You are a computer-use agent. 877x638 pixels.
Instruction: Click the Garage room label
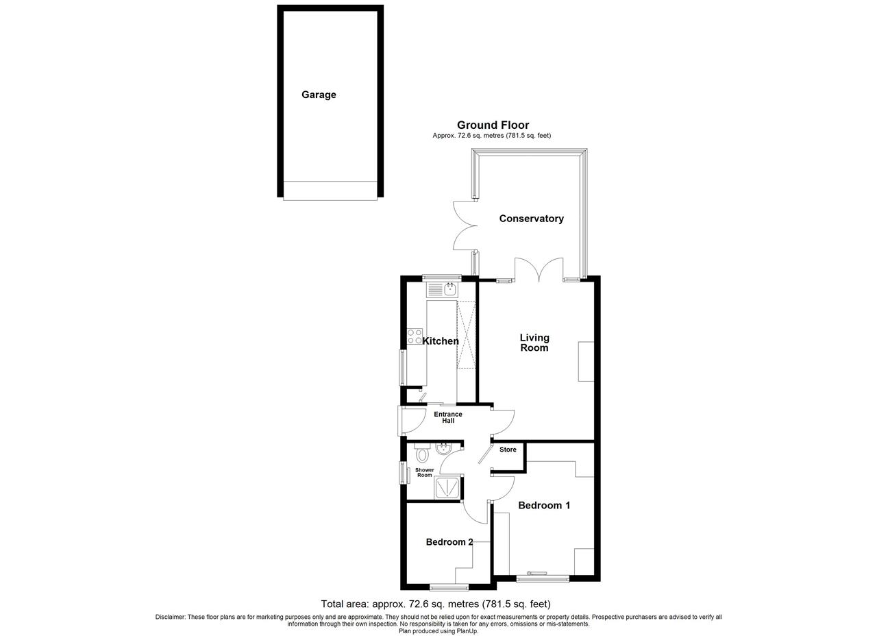[319, 95]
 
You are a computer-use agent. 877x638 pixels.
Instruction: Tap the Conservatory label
[531, 219]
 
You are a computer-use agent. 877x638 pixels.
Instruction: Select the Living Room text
[534, 343]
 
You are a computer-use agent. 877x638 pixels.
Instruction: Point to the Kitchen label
[441, 341]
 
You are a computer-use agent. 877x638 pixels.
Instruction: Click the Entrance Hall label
[448, 417]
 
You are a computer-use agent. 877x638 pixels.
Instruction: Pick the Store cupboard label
[508, 450]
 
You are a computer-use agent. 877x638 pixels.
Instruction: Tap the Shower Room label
[424, 472]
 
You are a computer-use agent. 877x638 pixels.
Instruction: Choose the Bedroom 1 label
[544, 506]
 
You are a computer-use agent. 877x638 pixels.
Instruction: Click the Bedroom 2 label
[449, 542]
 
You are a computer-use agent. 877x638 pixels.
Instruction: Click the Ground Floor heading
[493, 125]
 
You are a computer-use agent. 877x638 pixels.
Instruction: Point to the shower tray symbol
[447, 488]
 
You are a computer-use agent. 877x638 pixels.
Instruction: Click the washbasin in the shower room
[443, 448]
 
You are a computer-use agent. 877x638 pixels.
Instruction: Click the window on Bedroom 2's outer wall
[449, 587]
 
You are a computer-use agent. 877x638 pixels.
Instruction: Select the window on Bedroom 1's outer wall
[543, 578]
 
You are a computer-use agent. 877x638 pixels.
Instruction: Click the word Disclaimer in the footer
[170, 617]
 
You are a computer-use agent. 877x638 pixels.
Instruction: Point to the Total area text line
[436, 604]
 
